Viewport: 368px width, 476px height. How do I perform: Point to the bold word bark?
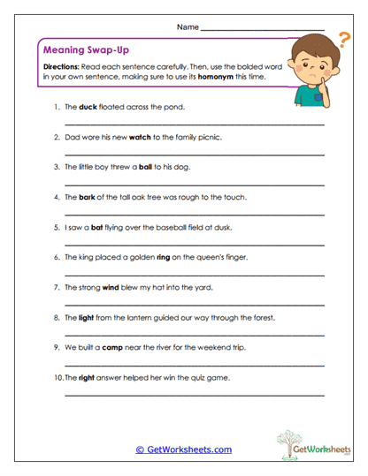[x=88, y=197]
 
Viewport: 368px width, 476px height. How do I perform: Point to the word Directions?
[x=59, y=67]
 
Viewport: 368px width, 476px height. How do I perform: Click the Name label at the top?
[x=188, y=27]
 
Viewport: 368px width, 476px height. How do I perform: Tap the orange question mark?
[x=343, y=38]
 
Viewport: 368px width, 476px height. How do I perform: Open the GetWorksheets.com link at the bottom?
[x=183, y=450]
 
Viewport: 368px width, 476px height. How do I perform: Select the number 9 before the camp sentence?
[x=57, y=347]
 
